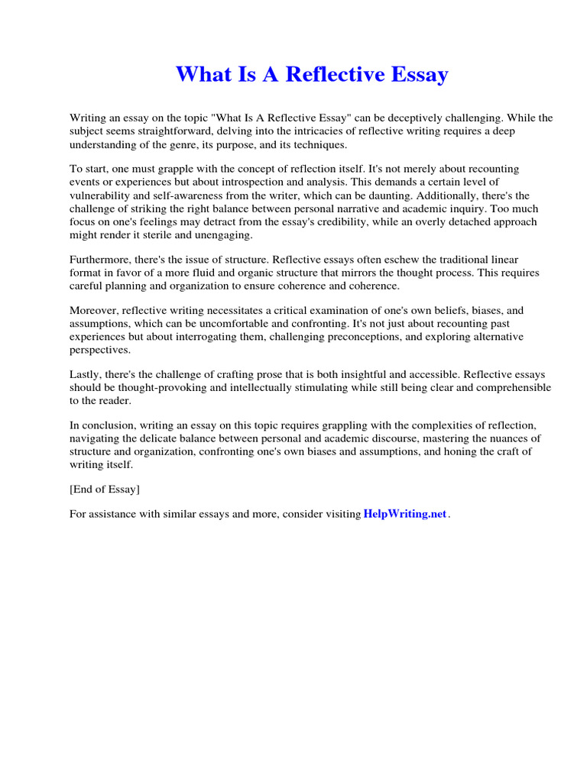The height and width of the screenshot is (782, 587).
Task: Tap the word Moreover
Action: (x=96, y=312)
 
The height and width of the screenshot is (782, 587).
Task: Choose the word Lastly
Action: (x=86, y=375)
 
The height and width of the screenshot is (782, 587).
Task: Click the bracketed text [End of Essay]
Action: (x=105, y=490)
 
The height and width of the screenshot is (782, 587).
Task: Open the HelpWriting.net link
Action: (x=405, y=515)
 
